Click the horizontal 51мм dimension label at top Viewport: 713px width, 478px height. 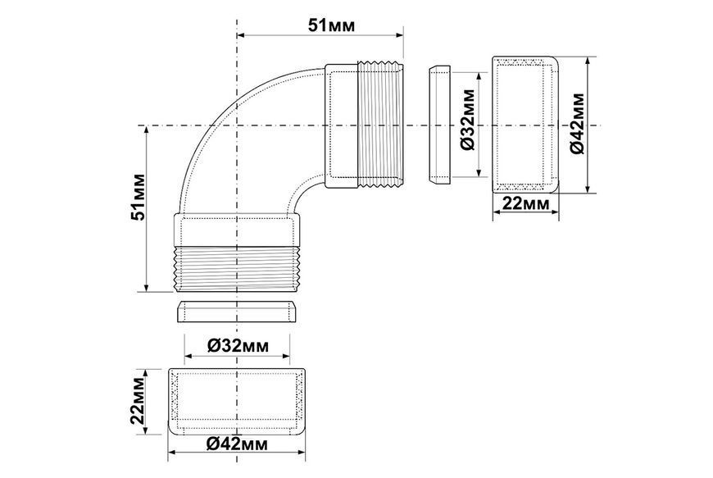331,25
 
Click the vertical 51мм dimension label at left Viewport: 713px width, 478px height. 138,197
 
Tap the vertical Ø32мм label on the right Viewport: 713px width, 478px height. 467,120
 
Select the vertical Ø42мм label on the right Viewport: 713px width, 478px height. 578,124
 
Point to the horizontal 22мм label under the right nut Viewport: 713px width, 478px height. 525,203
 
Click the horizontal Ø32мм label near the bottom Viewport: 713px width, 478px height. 238,346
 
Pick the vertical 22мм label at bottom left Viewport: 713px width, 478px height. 138,401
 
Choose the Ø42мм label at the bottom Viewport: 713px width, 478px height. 237,444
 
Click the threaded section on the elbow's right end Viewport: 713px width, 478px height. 380,124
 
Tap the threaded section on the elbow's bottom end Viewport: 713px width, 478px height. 237,269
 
